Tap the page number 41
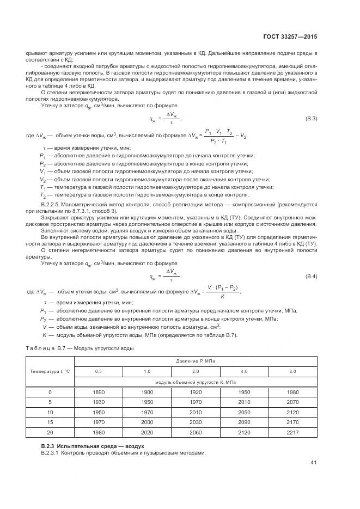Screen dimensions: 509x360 coord(313,463)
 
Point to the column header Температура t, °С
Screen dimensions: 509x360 coord(50,371)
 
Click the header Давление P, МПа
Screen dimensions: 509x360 coord(195,361)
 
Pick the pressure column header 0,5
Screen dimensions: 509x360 coord(98,371)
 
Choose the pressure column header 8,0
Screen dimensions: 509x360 coord(292,371)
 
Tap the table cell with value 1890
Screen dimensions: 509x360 coord(98,392)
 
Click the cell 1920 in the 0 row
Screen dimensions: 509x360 coord(195,392)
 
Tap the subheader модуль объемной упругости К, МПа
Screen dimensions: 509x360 coord(195,382)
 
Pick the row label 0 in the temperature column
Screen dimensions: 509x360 coord(50,392)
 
